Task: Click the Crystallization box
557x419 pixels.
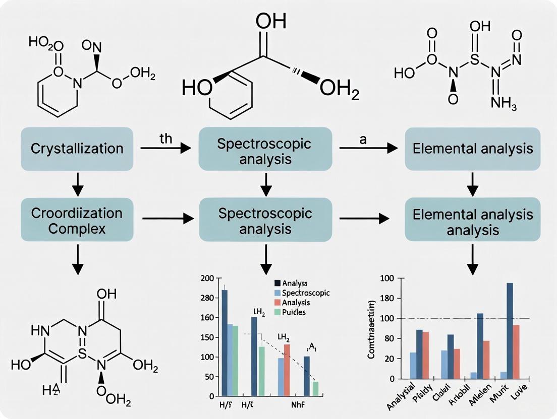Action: (77, 149)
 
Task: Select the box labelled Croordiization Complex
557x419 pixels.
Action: (77, 220)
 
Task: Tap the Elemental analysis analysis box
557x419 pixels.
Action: (472, 222)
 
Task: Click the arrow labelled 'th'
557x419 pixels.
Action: (165, 148)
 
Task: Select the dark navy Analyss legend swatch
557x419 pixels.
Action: (263, 284)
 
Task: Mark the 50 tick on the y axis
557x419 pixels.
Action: (208, 377)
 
